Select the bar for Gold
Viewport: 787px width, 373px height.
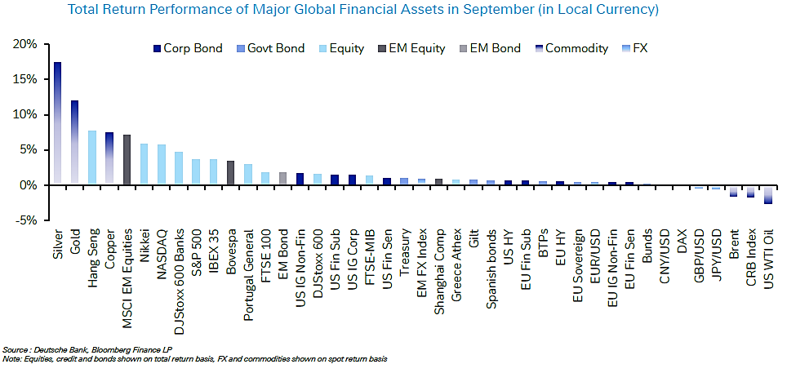pyautogui.click(x=75, y=143)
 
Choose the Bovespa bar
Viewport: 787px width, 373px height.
pyautogui.click(x=230, y=173)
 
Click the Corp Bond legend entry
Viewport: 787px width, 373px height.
pyautogui.click(x=187, y=48)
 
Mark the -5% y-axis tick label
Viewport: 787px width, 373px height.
pyautogui.click(x=25, y=220)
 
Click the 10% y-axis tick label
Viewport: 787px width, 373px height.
pyautogui.click(x=25, y=114)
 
